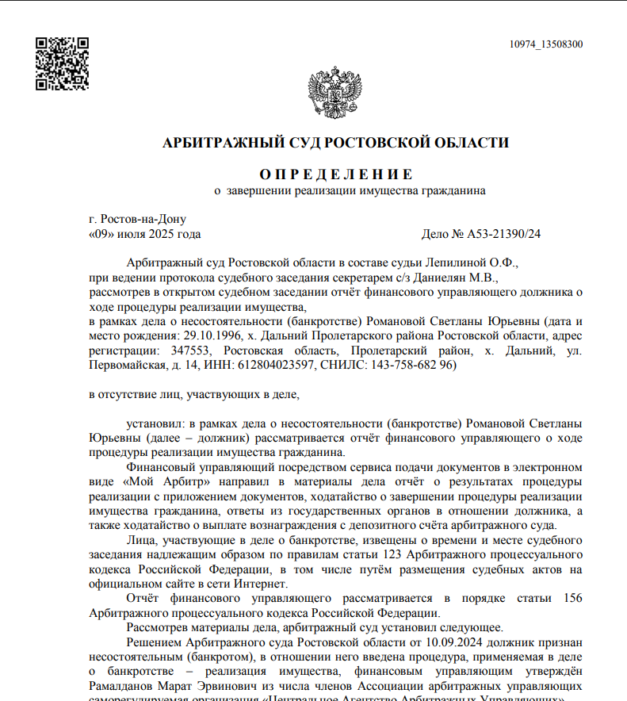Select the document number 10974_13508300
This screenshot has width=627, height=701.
pos(546,44)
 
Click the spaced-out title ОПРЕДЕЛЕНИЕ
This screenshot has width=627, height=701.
pos(335,174)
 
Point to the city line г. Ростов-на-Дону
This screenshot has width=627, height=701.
pos(137,219)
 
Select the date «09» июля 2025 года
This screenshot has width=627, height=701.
pos(144,234)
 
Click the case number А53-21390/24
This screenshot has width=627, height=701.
pos(503,234)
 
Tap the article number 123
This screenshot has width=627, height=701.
pos(395,554)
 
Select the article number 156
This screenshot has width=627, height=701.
pos(571,598)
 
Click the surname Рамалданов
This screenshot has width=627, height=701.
pos(121,685)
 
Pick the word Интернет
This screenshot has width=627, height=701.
pos(260,584)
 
